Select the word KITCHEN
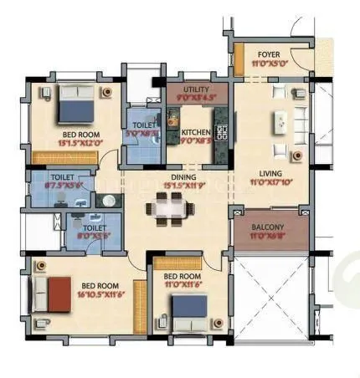click(x=195, y=132)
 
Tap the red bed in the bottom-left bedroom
click(x=59, y=295)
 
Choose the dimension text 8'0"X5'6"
click(x=95, y=236)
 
